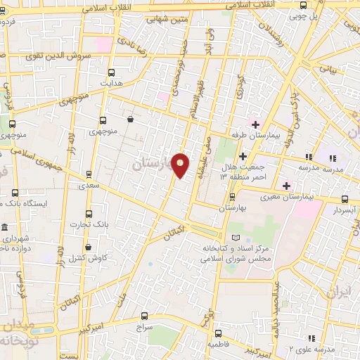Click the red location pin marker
pos(181,165)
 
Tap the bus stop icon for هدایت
pos(111,72)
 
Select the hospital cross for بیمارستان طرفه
pos(255,124)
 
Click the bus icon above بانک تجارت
pos(89,213)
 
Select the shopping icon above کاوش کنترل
pos(89,247)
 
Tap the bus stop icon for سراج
pos(145,316)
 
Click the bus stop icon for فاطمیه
pos(218,334)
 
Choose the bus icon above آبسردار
pos(343,199)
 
